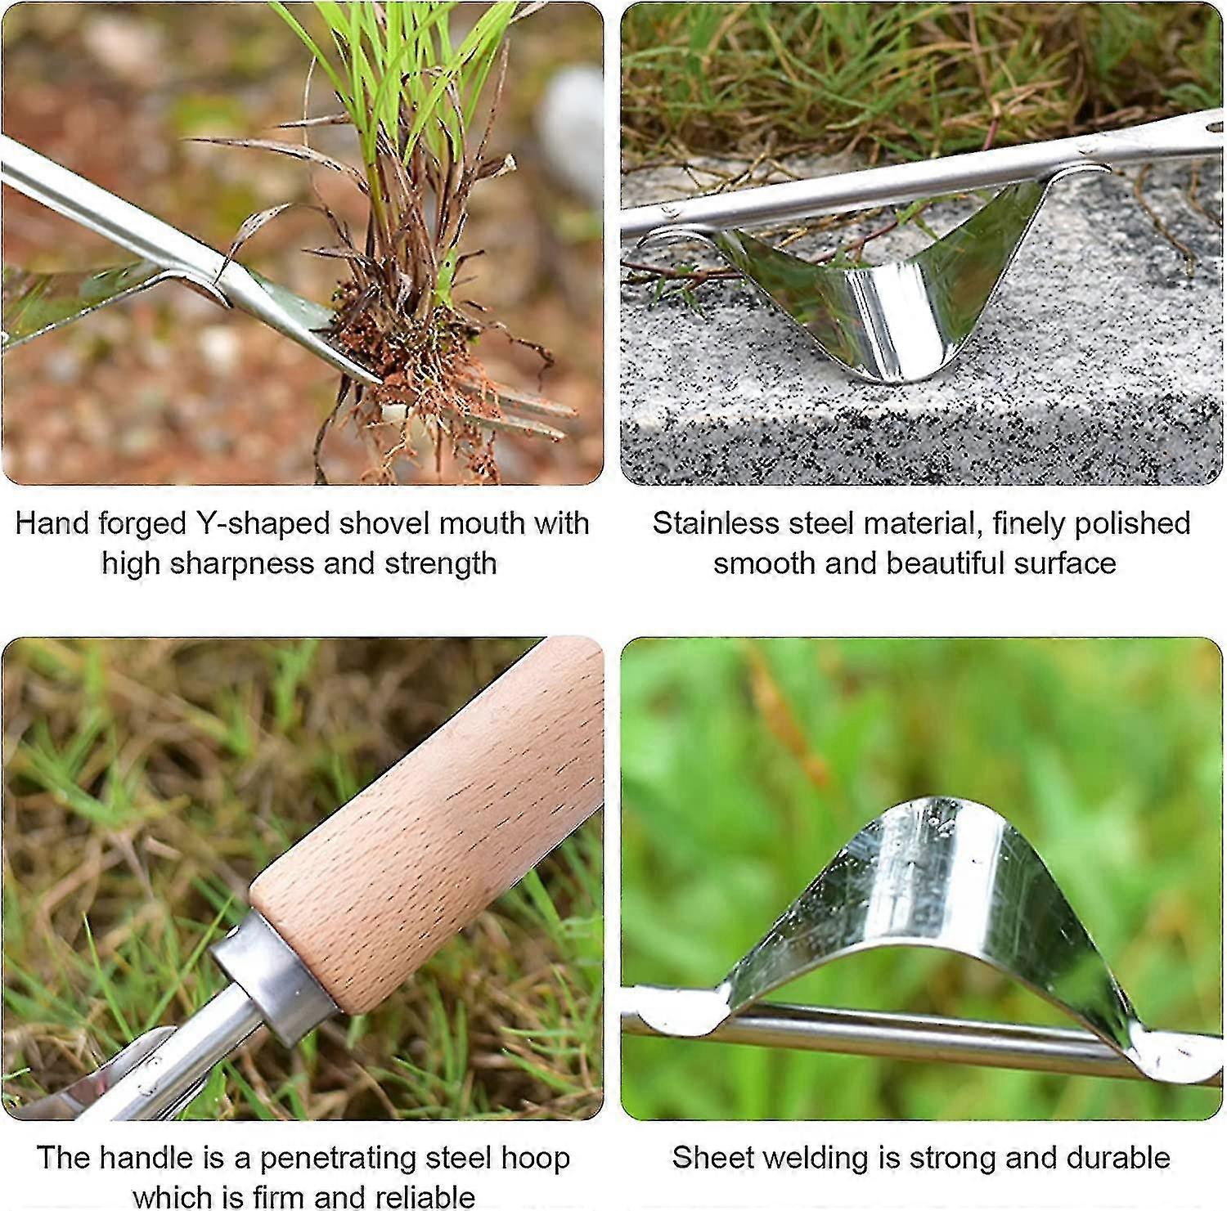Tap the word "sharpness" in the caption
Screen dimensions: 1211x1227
236,563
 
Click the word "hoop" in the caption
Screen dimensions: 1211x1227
536,1158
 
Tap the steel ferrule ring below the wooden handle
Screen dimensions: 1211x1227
270,973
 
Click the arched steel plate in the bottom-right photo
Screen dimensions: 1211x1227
933,883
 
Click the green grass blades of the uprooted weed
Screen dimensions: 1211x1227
409,90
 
